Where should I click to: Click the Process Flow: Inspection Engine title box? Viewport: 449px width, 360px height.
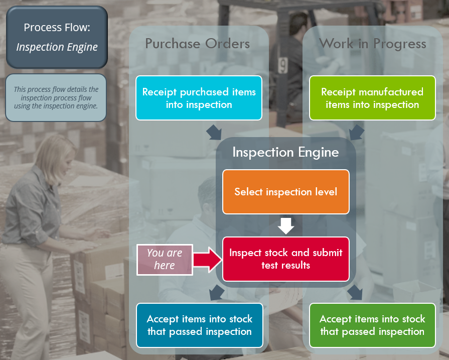tap(57, 37)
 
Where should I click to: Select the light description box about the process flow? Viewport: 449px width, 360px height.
tap(56, 97)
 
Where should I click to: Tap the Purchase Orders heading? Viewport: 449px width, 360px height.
tap(197, 44)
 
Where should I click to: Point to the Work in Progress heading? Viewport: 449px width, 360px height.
tap(372, 44)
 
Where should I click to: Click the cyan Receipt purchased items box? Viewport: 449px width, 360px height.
tap(199, 98)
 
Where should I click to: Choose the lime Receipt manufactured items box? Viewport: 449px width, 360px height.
tap(372, 98)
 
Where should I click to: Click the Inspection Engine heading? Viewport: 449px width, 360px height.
tap(285, 152)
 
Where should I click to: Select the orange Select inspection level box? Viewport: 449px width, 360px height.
tap(285, 191)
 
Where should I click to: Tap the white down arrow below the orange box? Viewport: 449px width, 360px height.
tap(286, 225)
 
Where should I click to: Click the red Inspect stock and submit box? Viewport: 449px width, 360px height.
tap(285, 259)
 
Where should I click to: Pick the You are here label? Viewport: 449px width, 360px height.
tap(165, 259)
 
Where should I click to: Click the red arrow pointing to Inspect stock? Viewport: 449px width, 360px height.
tap(208, 259)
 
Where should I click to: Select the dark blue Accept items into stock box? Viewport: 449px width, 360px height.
tap(199, 325)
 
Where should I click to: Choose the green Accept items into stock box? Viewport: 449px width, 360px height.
tap(372, 325)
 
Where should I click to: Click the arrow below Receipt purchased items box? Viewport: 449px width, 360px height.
tap(214, 132)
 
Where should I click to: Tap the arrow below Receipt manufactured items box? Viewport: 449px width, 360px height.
tap(356, 132)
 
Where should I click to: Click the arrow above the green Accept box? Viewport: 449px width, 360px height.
tap(355, 291)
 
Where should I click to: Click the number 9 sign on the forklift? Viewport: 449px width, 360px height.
tap(283, 65)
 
